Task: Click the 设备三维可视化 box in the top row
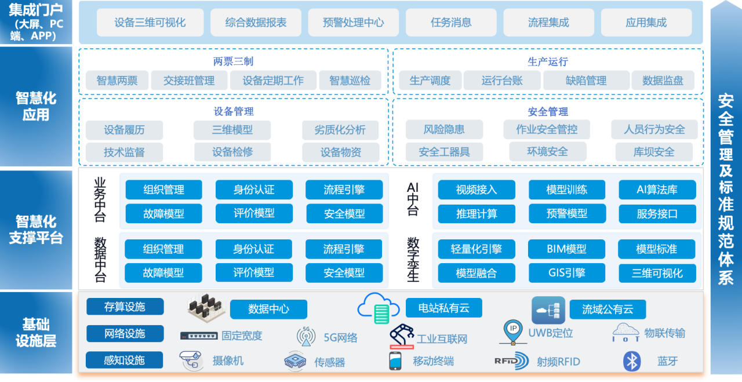coord(150,23)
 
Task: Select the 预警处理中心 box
coord(354,23)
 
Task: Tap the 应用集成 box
coord(646,23)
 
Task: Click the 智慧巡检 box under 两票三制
coord(350,81)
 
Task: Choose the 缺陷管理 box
coord(586,81)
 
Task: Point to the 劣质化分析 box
coord(340,130)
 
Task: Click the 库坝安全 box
coord(654,152)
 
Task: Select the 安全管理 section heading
coord(548,112)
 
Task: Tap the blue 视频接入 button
coord(477,190)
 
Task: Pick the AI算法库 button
coord(657,190)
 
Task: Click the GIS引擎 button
coord(567,273)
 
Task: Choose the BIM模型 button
coord(566,249)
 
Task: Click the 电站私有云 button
coord(444,308)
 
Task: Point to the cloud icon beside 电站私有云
coord(379,308)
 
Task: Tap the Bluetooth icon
coord(632,361)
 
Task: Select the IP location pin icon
coord(513,332)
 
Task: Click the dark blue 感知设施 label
coord(124,360)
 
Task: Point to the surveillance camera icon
coord(191,360)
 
